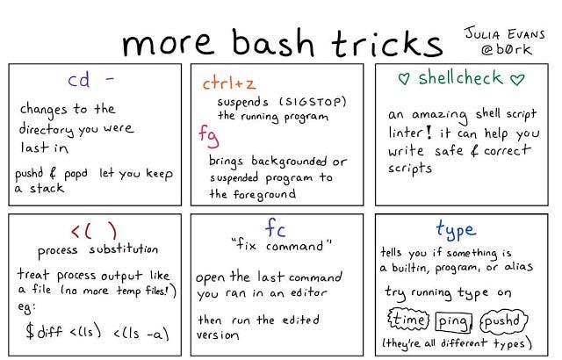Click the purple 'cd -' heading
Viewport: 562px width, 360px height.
click(x=93, y=82)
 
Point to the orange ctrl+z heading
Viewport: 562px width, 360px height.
click(x=229, y=84)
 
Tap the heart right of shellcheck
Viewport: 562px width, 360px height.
click(x=517, y=79)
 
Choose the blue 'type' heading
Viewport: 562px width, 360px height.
click(x=455, y=230)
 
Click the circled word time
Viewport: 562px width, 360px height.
click(x=407, y=319)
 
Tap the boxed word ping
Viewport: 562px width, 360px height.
click(x=453, y=319)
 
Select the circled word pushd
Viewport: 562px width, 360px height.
click(x=502, y=319)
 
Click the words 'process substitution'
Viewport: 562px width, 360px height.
click(x=98, y=250)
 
